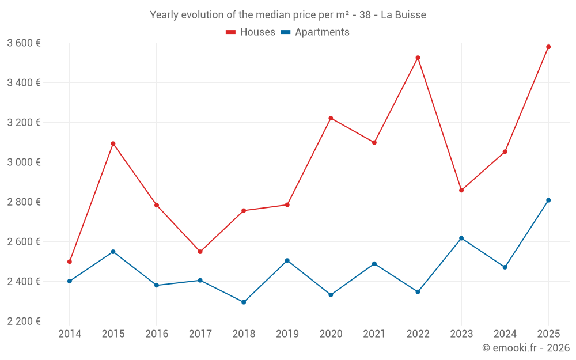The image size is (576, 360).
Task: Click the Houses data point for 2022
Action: pyautogui.click(x=418, y=58)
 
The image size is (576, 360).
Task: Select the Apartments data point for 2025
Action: pyautogui.click(x=548, y=200)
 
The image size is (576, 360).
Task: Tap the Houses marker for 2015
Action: pyautogui.click(x=113, y=143)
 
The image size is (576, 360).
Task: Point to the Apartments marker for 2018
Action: pyautogui.click(x=244, y=302)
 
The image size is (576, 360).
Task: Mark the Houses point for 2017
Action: pyautogui.click(x=200, y=252)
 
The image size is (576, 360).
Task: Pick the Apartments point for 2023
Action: pyautogui.click(x=461, y=238)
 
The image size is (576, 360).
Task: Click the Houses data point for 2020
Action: pyautogui.click(x=331, y=118)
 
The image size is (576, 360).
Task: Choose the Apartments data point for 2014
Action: pyautogui.click(x=70, y=281)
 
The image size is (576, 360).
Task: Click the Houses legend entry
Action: pyautogui.click(x=251, y=32)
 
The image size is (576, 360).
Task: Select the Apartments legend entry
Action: pyautogui.click(x=315, y=32)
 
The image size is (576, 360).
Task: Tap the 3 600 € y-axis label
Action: pyautogui.click(x=24, y=43)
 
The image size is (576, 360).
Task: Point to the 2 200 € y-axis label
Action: pyautogui.click(x=24, y=321)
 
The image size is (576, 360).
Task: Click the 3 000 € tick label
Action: pyautogui.click(x=24, y=162)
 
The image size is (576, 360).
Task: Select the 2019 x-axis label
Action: pyautogui.click(x=287, y=334)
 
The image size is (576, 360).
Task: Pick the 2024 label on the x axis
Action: pyautogui.click(x=505, y=334)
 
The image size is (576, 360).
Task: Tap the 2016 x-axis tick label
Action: pyautogui.click(x=157, y=334)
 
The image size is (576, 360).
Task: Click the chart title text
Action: pyautogui.click(x=288, y=15)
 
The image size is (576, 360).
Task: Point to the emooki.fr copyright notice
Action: pyautogui.click(x=525, y=348)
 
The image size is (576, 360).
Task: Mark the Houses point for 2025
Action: pyautogui.click(x=548, y=47)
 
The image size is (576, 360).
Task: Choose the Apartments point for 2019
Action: pyautogui.click(x=287, y=260)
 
